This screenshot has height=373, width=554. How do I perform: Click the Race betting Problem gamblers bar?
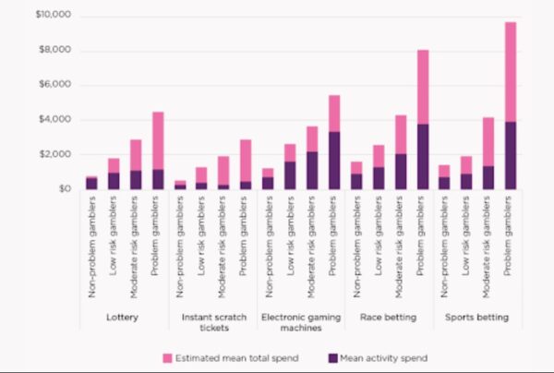coord(422,119)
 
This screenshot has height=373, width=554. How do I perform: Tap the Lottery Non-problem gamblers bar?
coord(91,183)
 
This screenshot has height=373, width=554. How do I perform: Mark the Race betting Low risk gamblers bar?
coord(378,167)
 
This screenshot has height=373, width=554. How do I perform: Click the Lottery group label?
coord(125,317)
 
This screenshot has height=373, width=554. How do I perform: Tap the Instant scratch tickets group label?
coord(213,322)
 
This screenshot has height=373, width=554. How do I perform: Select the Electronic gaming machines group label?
coord(301,322)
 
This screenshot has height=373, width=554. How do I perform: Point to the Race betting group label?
coord(389,317)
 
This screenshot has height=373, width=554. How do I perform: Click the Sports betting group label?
coord(476,317)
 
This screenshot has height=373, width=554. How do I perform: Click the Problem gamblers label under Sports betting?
coord(511,249)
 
